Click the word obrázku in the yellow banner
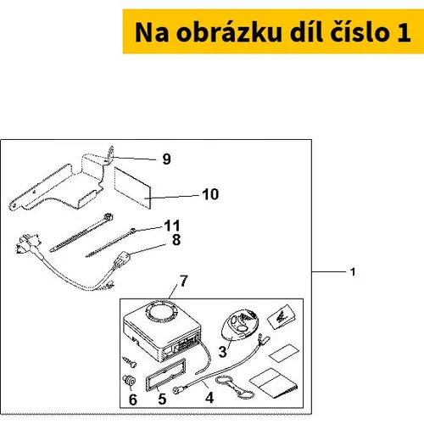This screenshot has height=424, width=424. (229, 32)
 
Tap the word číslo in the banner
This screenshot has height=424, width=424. (360, 32)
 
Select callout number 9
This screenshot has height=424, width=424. (167, 159)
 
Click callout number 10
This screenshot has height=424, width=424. (210, 194)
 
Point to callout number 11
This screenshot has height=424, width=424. (172, 226)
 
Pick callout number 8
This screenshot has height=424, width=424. (176, 240)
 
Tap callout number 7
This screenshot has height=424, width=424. (184, 281)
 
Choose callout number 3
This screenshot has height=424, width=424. (223, 352)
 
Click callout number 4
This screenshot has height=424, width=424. (209, 398)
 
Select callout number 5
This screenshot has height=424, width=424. (162, 399)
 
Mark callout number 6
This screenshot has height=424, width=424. (133, 399)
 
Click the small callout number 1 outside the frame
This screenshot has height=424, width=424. (353, 272)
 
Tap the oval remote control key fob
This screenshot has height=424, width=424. (240, 324)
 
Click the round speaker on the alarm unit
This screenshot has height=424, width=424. (162, 312)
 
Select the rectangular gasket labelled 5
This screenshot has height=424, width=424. (165, 375)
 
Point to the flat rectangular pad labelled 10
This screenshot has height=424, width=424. (132, 187)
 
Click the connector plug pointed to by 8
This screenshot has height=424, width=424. (121, 259)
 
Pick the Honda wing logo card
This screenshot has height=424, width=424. (282, 316)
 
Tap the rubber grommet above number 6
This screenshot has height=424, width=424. (129, 381)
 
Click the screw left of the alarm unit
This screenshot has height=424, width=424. (130, 361)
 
